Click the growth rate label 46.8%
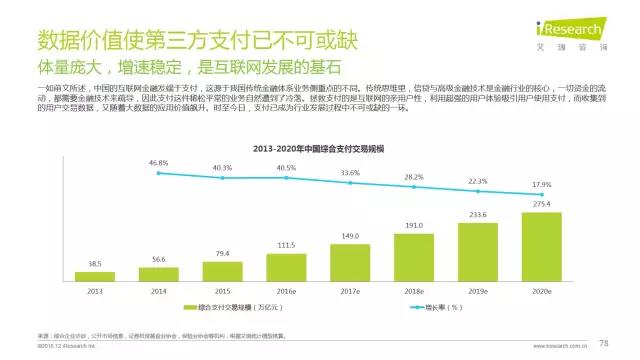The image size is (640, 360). click(159, 162)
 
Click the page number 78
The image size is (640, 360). click(604, 343)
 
